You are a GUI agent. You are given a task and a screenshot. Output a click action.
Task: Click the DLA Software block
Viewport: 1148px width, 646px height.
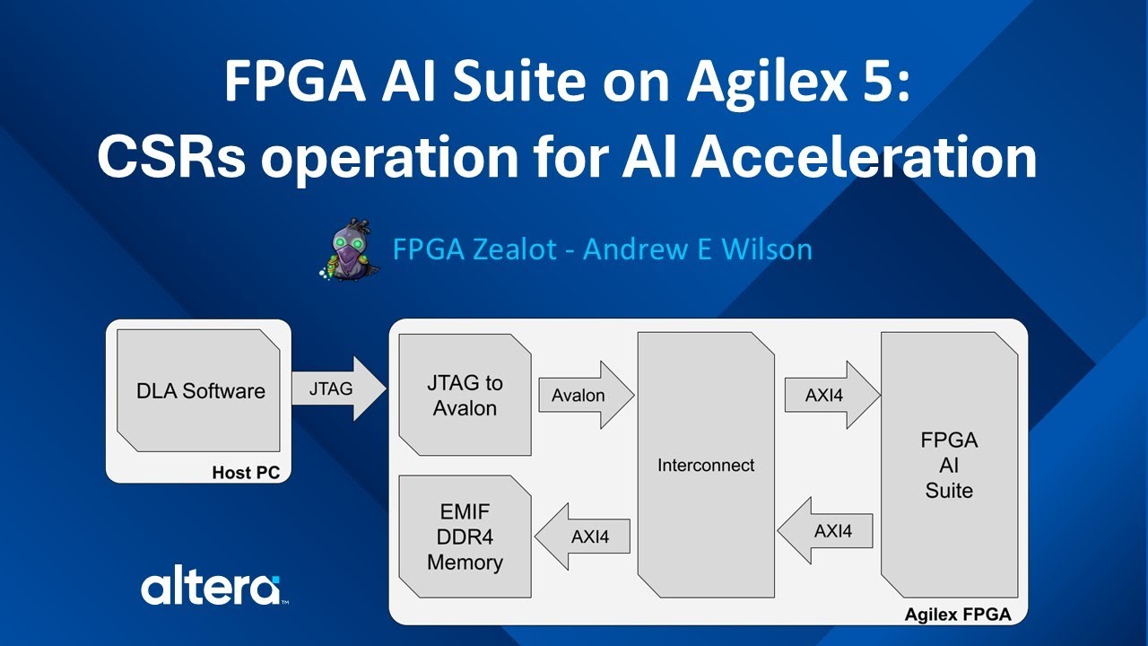tap(200, 390)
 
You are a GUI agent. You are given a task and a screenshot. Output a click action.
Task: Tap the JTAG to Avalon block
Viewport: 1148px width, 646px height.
tap(465, 396)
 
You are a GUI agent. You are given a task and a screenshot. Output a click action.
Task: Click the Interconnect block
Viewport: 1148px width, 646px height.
tap(706, 465)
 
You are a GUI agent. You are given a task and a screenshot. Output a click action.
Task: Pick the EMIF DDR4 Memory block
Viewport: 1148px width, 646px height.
tap(465, 537)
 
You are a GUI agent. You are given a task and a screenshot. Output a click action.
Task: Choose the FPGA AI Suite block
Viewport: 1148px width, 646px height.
tap(949, 465)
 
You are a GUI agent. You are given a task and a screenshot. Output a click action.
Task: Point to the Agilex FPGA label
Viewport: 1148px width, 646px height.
tap(958, 615)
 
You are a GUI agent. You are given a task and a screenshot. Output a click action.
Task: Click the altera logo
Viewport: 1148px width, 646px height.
tap(210, 589)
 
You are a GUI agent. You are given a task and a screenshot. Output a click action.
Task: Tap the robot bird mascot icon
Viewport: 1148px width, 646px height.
tap(345, 249)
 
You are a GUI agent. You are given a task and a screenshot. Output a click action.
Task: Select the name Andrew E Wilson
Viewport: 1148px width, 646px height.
tap(698, 249)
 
